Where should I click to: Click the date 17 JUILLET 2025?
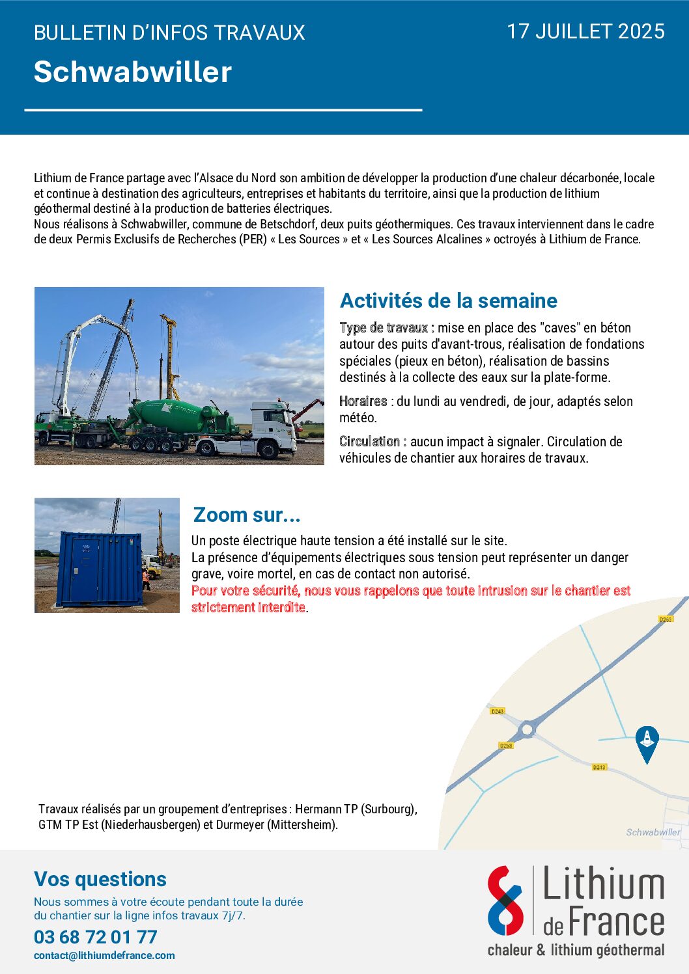(585, 31)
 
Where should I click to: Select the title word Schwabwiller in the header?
(133, 72)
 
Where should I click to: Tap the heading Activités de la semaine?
(449, 301)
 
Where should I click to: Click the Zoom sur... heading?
(247, 515)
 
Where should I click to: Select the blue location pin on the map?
(647, 741)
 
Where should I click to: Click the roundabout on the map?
(527, 729)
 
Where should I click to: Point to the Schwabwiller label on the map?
(653, 832)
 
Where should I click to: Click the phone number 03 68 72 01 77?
(96, 937)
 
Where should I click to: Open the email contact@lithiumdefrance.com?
(104, 956)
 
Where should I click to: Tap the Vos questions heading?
(100, 879)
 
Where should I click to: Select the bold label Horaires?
(363, 401)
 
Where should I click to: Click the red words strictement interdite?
(248, 608)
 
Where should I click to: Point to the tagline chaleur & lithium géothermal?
(576, 950)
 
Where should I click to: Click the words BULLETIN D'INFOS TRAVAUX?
(169, 33)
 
